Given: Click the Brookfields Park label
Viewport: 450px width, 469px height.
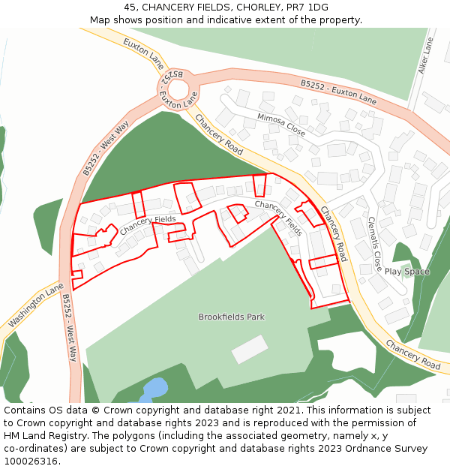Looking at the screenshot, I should point(231,317).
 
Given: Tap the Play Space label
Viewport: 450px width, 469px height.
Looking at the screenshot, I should point(406,272).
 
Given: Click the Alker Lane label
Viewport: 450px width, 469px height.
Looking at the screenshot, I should point(426,56).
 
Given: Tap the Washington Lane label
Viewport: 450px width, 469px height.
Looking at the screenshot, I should point(35,306).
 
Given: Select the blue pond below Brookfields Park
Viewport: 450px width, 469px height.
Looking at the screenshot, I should point(154,389).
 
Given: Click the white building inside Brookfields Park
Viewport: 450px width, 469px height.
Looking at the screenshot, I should point(250,350).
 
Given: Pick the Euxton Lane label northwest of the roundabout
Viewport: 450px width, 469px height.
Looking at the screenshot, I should point(143,54).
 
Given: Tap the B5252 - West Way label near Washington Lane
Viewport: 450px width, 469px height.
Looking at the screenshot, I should point(69,327).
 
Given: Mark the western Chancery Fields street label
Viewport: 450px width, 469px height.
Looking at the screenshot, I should point(147,224).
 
